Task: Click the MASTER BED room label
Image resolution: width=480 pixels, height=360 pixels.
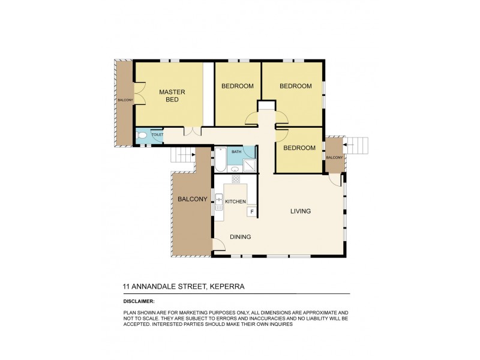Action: point(172,96)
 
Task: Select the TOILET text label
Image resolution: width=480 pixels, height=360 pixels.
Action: point(157,135)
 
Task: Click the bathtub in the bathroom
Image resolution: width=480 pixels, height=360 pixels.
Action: point(220,160)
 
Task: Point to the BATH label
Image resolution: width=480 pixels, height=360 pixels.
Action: point(236,152)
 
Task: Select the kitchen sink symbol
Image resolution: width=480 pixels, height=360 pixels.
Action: point(220,200)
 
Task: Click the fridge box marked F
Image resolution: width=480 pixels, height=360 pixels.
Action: point(252,211)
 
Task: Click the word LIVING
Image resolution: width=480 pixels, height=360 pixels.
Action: point(301,211)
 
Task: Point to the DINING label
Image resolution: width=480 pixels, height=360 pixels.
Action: point(240,237)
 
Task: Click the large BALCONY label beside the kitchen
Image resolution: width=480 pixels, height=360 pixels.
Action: point(192,199)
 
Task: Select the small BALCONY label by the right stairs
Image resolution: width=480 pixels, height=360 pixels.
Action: point(334,157)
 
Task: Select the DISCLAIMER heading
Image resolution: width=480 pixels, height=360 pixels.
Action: point(139,301)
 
